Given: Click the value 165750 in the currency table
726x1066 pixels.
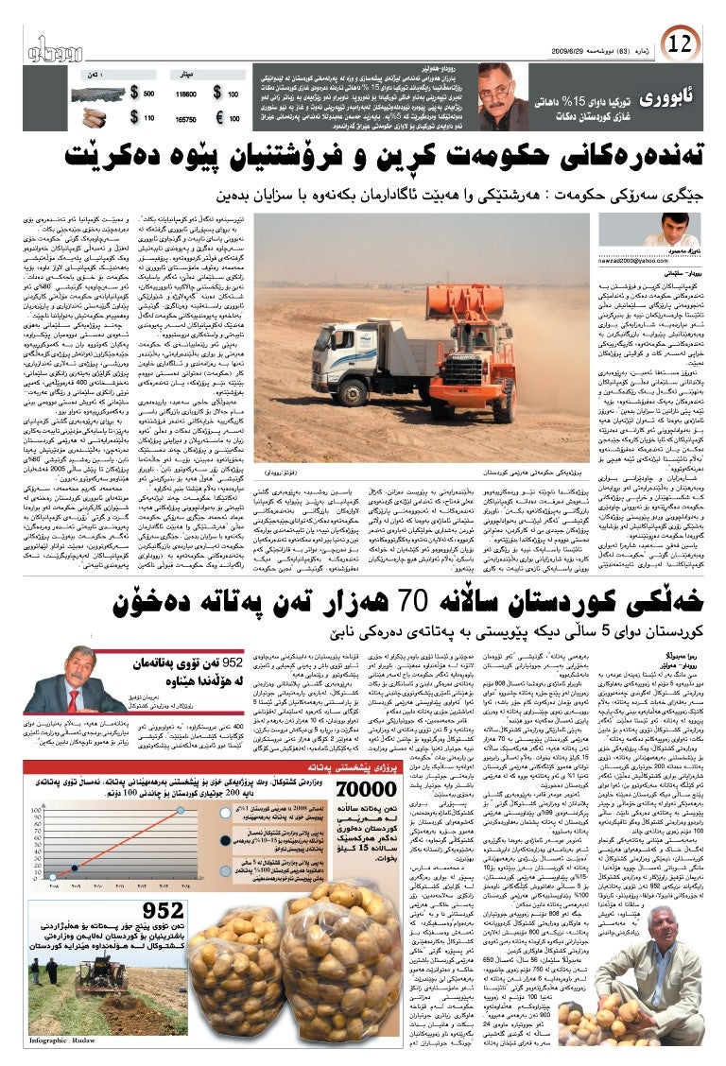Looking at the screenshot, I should [x=186, y=119].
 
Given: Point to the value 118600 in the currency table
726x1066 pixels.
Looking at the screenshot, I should [x=186, y=95].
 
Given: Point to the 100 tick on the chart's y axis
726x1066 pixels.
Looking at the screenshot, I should [x=37, y=810].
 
